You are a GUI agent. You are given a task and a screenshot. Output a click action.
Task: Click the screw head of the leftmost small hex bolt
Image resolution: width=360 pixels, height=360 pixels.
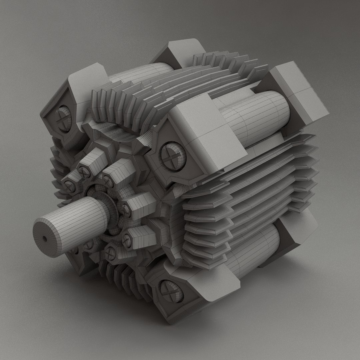[70, 186]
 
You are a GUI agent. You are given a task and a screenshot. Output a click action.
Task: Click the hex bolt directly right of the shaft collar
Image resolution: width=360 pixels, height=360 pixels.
[126, 209]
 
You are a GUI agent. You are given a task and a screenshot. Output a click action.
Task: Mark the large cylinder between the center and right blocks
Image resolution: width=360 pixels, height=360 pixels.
[257, 117]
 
